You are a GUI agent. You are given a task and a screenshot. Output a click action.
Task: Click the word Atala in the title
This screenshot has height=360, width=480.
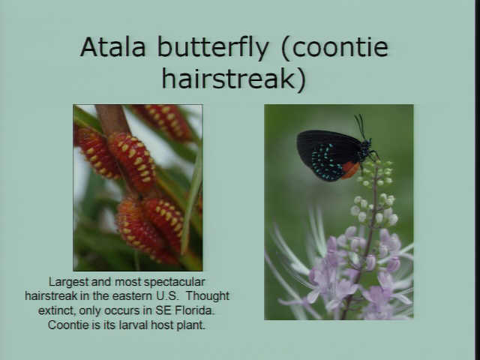(x=112, y=46)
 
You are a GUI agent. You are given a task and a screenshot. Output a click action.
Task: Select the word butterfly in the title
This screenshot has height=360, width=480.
(x=213, y=48)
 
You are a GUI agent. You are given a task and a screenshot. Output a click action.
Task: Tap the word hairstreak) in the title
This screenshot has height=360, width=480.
(x=233, y=78)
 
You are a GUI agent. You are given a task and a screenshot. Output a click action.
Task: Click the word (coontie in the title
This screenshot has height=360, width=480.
(x=335, y=47)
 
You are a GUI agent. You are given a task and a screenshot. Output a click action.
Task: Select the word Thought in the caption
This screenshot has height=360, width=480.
(x=208, y=296)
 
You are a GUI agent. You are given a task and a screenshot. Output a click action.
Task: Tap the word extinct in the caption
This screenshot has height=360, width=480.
(x=57, y=310)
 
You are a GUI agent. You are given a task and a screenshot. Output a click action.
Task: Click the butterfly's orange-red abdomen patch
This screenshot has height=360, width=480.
(x=350, y=170)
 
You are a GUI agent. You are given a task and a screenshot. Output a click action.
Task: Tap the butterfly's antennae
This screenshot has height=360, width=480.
(x=361, y=126)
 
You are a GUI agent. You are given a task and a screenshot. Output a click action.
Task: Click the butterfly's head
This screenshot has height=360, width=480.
(x=367, y=142)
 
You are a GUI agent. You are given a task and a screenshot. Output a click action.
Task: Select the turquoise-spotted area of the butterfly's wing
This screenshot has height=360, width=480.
(x=327, y=162)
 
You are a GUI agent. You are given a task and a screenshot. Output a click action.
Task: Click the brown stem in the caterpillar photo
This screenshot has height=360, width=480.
(x=112, y=120)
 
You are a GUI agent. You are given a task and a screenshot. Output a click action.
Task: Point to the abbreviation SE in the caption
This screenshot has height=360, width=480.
(x=163, y=310)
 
